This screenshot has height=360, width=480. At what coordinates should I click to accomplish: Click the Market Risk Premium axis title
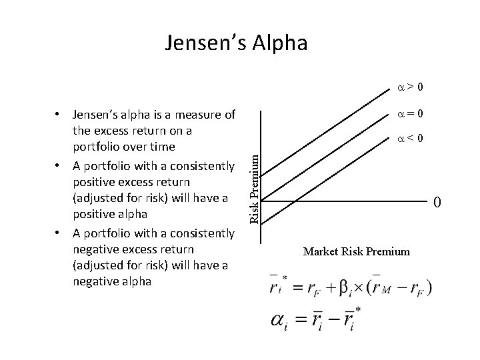point(357,251)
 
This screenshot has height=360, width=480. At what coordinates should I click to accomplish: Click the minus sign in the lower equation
point(327,322)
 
